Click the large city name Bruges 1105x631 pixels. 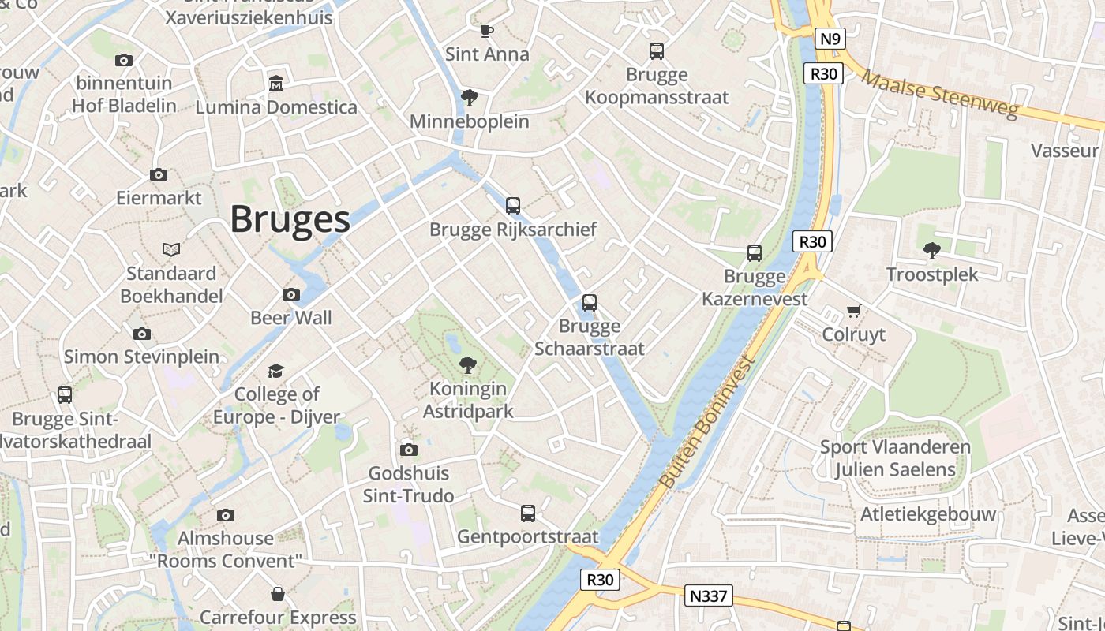(290, 219)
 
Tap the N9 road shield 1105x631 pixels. (831, 39)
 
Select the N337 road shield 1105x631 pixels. (708, 596)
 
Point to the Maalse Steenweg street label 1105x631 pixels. (939, 94)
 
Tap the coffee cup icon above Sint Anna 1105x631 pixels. (487, 32)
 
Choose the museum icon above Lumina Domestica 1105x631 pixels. (276, 83)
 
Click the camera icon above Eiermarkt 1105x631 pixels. (159, 174)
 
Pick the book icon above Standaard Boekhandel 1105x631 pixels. (171, 250)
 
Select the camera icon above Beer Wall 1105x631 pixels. (291, 295)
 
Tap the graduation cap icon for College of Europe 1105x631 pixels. (275, 371)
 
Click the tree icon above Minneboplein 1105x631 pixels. (470, 98)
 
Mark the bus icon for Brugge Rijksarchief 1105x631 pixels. (513, 206)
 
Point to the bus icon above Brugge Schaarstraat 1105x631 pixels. (590, 303)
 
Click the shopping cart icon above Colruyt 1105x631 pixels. (853, 311)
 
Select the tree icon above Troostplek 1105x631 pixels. (932, 251)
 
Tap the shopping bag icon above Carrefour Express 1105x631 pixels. (278, 593)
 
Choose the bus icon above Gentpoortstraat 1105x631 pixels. (528, 513)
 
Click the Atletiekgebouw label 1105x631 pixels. (927, 514)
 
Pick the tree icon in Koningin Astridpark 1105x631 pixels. (468, 364)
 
